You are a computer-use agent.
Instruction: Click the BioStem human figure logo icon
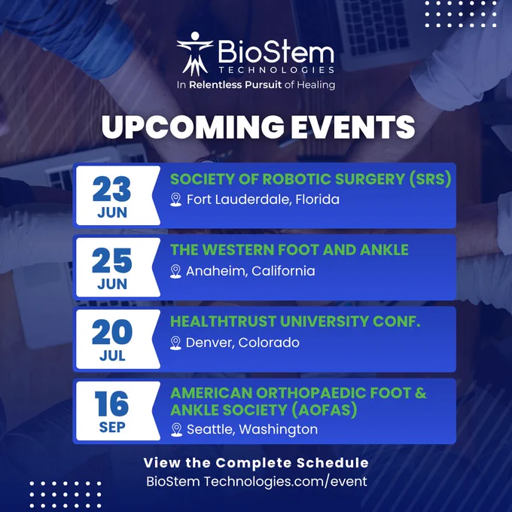click(x=195, y=54)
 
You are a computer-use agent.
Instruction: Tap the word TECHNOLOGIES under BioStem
click(x=276, y=70)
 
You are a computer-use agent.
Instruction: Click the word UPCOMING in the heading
click(x=193, y=126)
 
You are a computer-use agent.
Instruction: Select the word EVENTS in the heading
click(x=353, y=126)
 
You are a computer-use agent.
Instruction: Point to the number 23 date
click(x=111, y=189)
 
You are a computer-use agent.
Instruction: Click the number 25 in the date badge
click(x=112, y=261)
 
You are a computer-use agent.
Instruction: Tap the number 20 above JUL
click(x=112, y=332)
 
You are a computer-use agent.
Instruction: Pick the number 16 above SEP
click(x=111, y=404)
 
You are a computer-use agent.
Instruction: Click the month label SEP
click(x=112, y=428)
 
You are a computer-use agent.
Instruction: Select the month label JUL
click(x=112, y=355)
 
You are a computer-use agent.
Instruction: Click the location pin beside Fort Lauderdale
click(x=176, y=200)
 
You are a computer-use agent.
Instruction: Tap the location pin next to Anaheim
click(x=175, y=271)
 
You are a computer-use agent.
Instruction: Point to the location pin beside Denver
click(x=175, y=343)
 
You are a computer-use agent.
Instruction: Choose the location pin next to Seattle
click(x=177, y=430)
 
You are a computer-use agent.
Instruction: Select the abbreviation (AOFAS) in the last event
click(x=324, y=410)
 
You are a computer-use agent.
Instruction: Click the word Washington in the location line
click(x=278, y=429)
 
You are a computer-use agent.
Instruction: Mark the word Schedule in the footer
click(x=332, y=463)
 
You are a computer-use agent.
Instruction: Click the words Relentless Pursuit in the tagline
click(x=235, y=85)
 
